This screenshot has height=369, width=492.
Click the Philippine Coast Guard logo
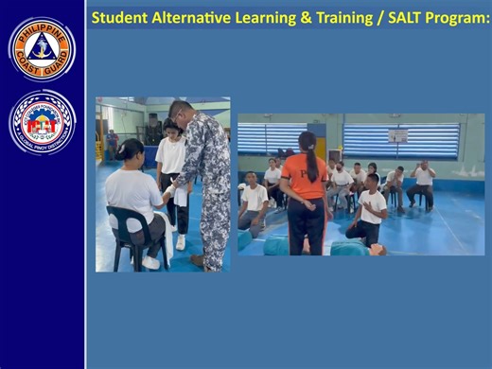point(42,48)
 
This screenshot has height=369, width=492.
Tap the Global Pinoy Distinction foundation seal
point(42,122)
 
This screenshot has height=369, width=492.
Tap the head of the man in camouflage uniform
point(180,111)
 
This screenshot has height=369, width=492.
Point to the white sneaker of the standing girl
point(180,242)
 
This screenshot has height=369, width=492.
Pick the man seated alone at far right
point(423,184)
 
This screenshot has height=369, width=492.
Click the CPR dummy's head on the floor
point(377,249)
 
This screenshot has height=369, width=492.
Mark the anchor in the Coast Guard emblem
point(42,47)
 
